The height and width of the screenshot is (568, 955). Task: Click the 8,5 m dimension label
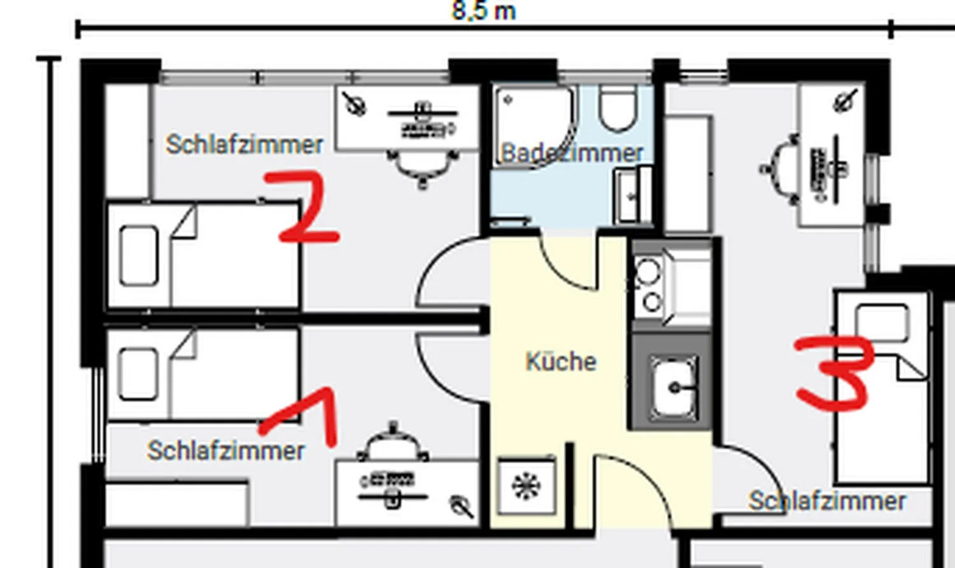[x=483, y=11]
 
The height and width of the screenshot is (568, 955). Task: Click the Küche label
[x=561, y=362]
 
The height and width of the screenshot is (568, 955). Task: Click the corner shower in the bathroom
[x=535, y=126]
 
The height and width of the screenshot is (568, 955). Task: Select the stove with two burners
[x=649, y=287]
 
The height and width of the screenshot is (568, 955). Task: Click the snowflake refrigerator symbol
[x=527, y=486]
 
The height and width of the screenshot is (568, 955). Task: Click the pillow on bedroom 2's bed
[x=139, y=256]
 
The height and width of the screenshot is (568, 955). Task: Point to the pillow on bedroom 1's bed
[x=138, y=374]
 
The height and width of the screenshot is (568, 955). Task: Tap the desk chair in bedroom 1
[x=393, y=442]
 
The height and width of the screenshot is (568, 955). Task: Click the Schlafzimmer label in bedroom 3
[x=828, y=502]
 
